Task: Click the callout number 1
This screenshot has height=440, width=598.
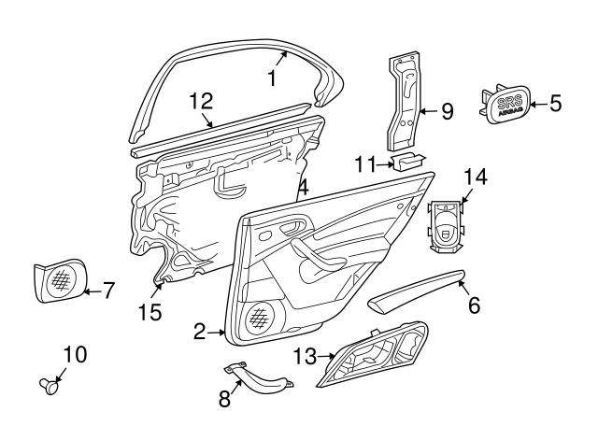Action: point(272,79)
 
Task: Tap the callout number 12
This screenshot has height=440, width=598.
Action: point(201,102)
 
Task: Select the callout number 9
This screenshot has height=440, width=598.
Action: point(447,112)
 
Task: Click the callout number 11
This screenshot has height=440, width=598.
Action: point(364,165)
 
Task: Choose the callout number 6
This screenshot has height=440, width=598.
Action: point(474,305)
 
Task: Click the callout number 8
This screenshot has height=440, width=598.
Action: point(224,399)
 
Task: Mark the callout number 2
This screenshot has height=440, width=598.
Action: point(199,331)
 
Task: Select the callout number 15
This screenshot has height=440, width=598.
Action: point(151,312)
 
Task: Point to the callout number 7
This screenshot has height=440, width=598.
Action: point(107,291)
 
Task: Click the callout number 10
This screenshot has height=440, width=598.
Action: point(74,354)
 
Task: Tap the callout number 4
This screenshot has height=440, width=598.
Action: point(303,190)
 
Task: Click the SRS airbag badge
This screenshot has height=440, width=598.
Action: point(506,103)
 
